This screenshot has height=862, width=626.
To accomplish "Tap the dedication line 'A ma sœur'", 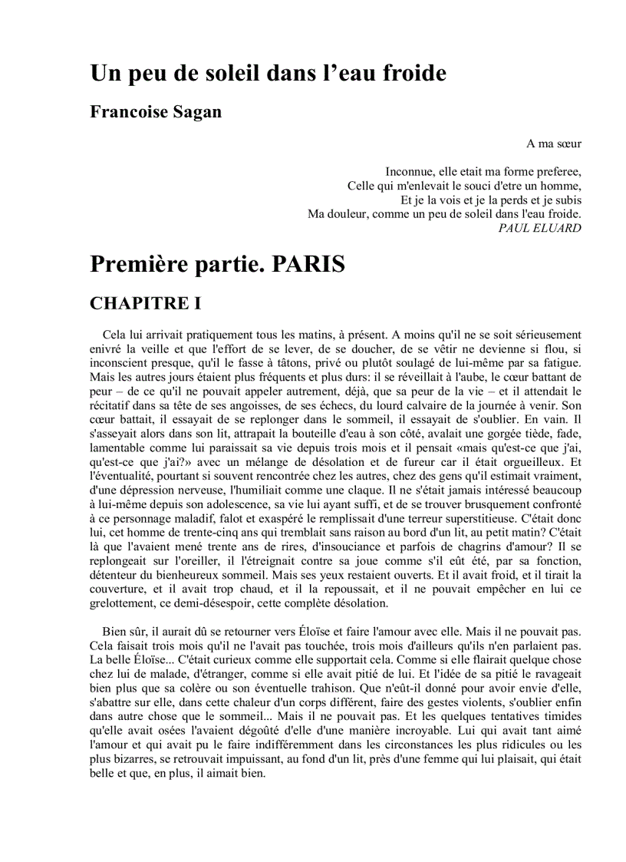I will (553, 144).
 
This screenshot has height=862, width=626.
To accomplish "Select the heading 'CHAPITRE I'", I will (145, 304).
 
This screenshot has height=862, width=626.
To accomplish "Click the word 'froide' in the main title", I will (410, 74).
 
